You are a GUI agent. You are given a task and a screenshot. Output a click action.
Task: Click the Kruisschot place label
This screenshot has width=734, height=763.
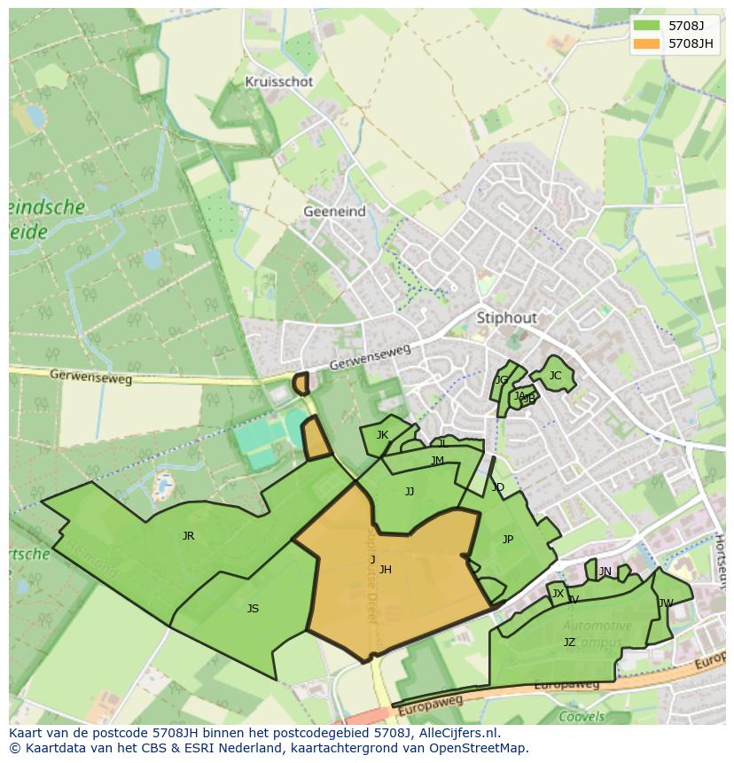tap(279, 82)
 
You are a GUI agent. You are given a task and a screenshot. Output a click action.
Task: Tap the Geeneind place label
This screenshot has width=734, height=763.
tap(334, 212)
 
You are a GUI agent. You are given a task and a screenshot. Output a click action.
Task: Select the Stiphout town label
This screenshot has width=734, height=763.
tap(507, 317)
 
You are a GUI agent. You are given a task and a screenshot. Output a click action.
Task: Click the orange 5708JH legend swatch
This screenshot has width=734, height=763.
tap(647, 43)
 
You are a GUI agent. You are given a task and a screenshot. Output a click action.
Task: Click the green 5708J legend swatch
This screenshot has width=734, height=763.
tap(647, 26)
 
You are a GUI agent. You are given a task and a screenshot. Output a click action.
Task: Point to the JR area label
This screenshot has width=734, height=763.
tap(188, 536)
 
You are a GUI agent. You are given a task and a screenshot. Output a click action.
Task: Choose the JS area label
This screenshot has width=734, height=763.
tap(253, 609)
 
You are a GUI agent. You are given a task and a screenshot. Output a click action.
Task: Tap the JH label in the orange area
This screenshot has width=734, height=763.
tap(385, 570)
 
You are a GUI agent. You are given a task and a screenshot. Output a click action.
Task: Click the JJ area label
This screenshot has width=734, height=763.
tap(410, 492)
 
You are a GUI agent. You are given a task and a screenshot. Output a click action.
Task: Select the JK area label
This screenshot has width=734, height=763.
tap(382, 435)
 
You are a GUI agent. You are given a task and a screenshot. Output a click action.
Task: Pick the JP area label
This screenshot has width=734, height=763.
tap(508, 540)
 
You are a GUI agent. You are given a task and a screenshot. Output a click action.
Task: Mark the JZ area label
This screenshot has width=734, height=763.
tap(569, 642)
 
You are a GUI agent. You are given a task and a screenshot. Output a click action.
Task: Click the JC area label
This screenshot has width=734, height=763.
tap(555, 376)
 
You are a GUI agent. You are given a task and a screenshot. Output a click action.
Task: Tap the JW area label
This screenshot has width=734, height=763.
tap(665, 603)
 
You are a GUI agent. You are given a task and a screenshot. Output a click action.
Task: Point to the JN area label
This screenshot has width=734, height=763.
tap(605, 572)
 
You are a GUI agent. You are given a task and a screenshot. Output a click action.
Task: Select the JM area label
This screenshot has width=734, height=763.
tap(437, 461)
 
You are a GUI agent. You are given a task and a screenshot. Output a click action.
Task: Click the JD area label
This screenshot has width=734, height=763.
tap(498, 487)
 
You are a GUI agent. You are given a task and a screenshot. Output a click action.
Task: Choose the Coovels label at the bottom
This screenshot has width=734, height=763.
tap(582, 717)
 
